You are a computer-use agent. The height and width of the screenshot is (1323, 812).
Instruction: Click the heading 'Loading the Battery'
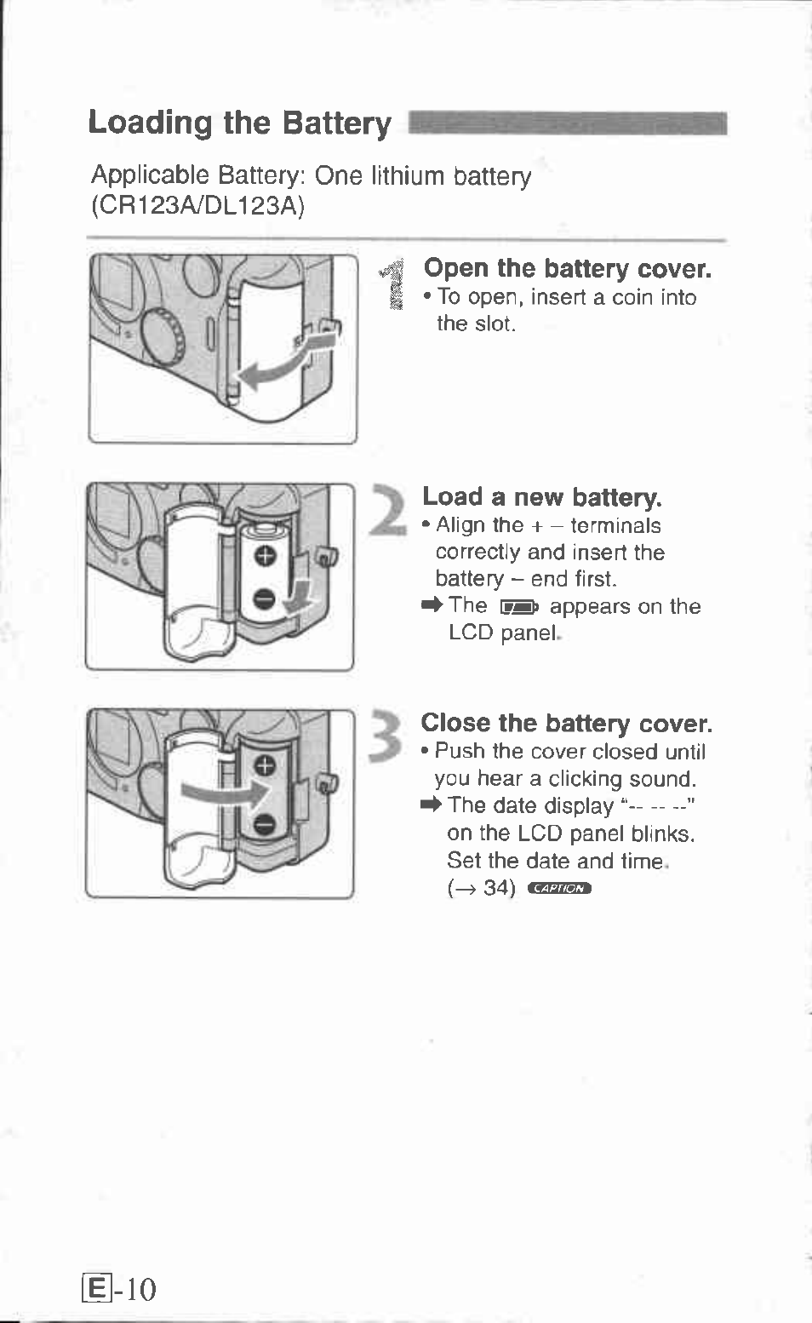(x=239, y=123)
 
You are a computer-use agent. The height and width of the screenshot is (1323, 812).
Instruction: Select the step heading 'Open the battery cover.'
(x=567, y=269)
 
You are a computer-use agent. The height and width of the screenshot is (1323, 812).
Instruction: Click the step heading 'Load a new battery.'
(x=541, y=497)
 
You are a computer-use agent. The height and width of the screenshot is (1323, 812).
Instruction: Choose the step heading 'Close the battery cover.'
(x=566, y=724)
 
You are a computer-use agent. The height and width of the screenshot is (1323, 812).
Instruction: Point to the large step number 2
(x=389, y=510)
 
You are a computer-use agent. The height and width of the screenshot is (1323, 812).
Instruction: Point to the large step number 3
(x=387, y=736)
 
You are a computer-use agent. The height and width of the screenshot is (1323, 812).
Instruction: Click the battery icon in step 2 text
(x=518, y=607)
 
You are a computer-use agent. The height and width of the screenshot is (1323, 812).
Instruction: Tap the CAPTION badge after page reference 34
(x=558, y=889)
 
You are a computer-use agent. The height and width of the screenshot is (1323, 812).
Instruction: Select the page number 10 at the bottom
(x=140, y=1290)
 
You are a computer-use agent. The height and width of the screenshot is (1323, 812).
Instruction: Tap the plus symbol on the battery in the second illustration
(x=266, y=556)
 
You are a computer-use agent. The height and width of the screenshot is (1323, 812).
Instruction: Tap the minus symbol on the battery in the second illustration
(x=265, y=600)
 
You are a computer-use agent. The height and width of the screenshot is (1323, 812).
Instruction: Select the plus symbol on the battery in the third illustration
(x=265, y=765)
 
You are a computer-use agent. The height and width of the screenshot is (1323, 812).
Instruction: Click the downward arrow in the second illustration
(x=299, y=596)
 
